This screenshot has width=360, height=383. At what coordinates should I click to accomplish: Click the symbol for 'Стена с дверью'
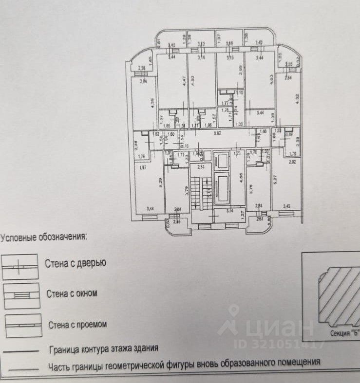20,267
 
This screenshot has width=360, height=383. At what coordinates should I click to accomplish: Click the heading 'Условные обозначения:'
43,237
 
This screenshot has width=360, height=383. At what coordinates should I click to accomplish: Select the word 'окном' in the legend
86,293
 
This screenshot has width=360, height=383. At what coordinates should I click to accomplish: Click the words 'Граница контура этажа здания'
104,349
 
